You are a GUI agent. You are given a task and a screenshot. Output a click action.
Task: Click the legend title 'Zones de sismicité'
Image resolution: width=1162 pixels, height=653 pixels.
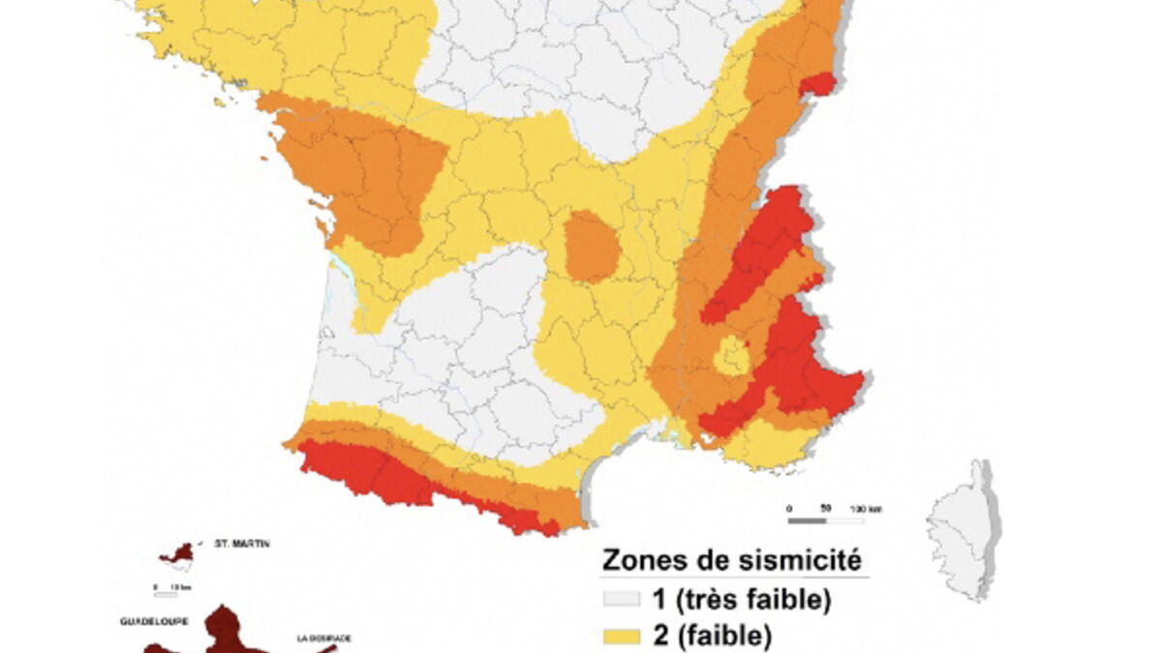click(x=732, y=560)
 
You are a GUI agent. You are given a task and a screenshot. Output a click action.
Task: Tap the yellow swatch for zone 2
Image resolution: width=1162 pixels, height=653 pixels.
click(x=622, y=637)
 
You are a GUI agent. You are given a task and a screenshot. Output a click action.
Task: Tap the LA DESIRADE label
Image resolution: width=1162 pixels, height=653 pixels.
click(x=324, y=638)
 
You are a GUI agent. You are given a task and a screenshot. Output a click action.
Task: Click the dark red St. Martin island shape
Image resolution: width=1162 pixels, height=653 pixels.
click(x=179, y=554)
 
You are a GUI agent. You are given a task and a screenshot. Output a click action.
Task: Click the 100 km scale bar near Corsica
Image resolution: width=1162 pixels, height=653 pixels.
click(x=824, y=519)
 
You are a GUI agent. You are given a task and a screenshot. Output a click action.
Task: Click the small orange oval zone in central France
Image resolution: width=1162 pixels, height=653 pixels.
click(x=591, y=246)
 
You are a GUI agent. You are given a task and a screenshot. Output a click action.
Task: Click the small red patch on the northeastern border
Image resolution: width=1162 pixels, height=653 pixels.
click(x=817, y=85)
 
